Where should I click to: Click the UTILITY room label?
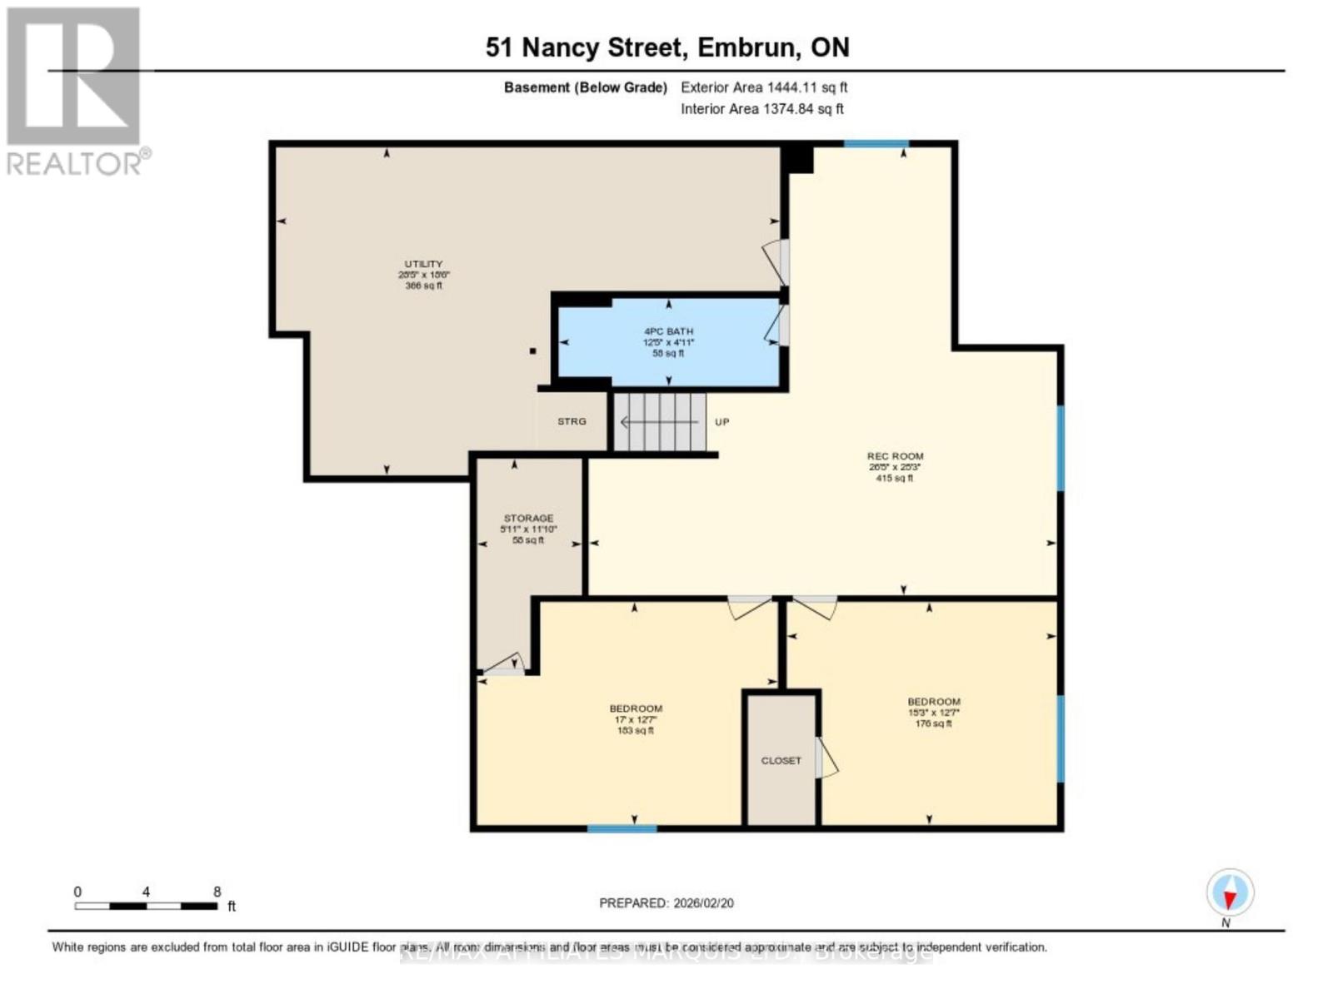(423, 265)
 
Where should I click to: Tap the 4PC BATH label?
(668, 332)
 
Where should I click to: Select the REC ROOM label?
(895, 456)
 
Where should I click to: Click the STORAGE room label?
(528, 519)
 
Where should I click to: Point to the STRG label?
(572, 421)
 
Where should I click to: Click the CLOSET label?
(781, 761)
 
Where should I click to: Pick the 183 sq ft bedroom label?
(636, 709)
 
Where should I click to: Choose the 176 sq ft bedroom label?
(933, 703)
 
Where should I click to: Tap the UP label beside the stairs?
(721, 422)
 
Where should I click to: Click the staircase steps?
(660, 422)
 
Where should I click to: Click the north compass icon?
(1230, 893)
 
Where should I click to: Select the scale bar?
(146, 905)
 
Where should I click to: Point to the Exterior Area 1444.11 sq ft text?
(763, 87)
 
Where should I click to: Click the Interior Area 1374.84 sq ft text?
(761, 109)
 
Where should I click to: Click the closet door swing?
(827, 758)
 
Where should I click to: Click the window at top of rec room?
(875, 144)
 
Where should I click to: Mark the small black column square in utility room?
(533, 351)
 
